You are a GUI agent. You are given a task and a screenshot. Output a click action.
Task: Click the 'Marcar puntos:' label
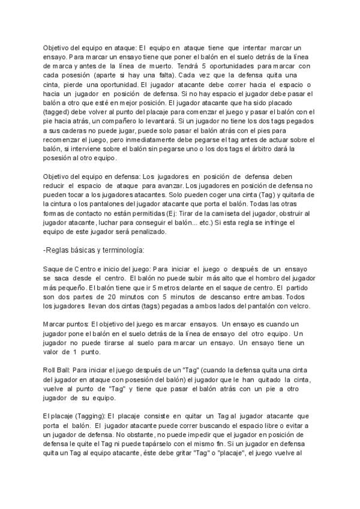tap(66, 324)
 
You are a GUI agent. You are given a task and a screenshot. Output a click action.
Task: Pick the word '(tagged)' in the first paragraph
tap(58, 111)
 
